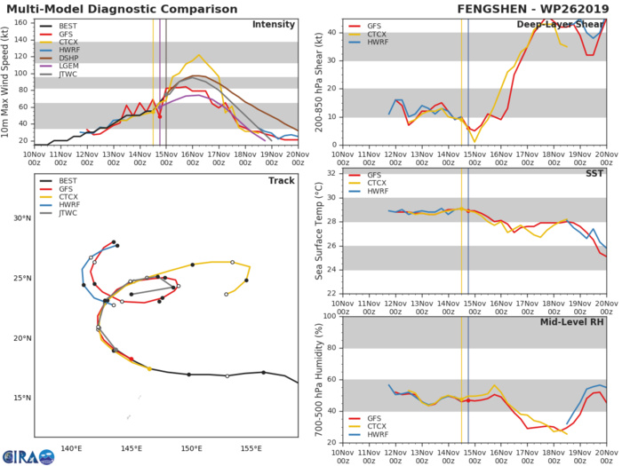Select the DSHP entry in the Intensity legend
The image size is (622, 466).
(x=67, y=73)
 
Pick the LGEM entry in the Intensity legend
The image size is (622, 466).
(x=67, y=84)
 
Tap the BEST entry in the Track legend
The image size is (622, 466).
(x=67, y=181)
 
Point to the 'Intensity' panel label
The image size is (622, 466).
(x=274, y=24)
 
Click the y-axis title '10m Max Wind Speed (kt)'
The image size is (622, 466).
(x=8, y=82)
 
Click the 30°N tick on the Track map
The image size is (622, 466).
(x=23, y=218)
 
